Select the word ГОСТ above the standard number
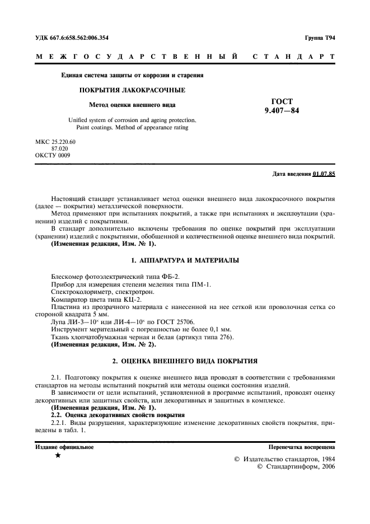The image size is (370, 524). coord(282,101)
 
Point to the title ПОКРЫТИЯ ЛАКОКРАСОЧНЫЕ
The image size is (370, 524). coord(132,90)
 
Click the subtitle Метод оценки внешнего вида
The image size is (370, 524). coord(132,105)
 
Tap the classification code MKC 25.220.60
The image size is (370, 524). coord(55,142)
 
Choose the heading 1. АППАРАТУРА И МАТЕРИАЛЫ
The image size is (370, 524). coord(185,261)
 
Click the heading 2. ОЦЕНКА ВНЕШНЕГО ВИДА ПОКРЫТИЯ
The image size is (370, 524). coord(185,361)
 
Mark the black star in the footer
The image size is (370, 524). coord(58,456)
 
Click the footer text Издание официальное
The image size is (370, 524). coord(64,447)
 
